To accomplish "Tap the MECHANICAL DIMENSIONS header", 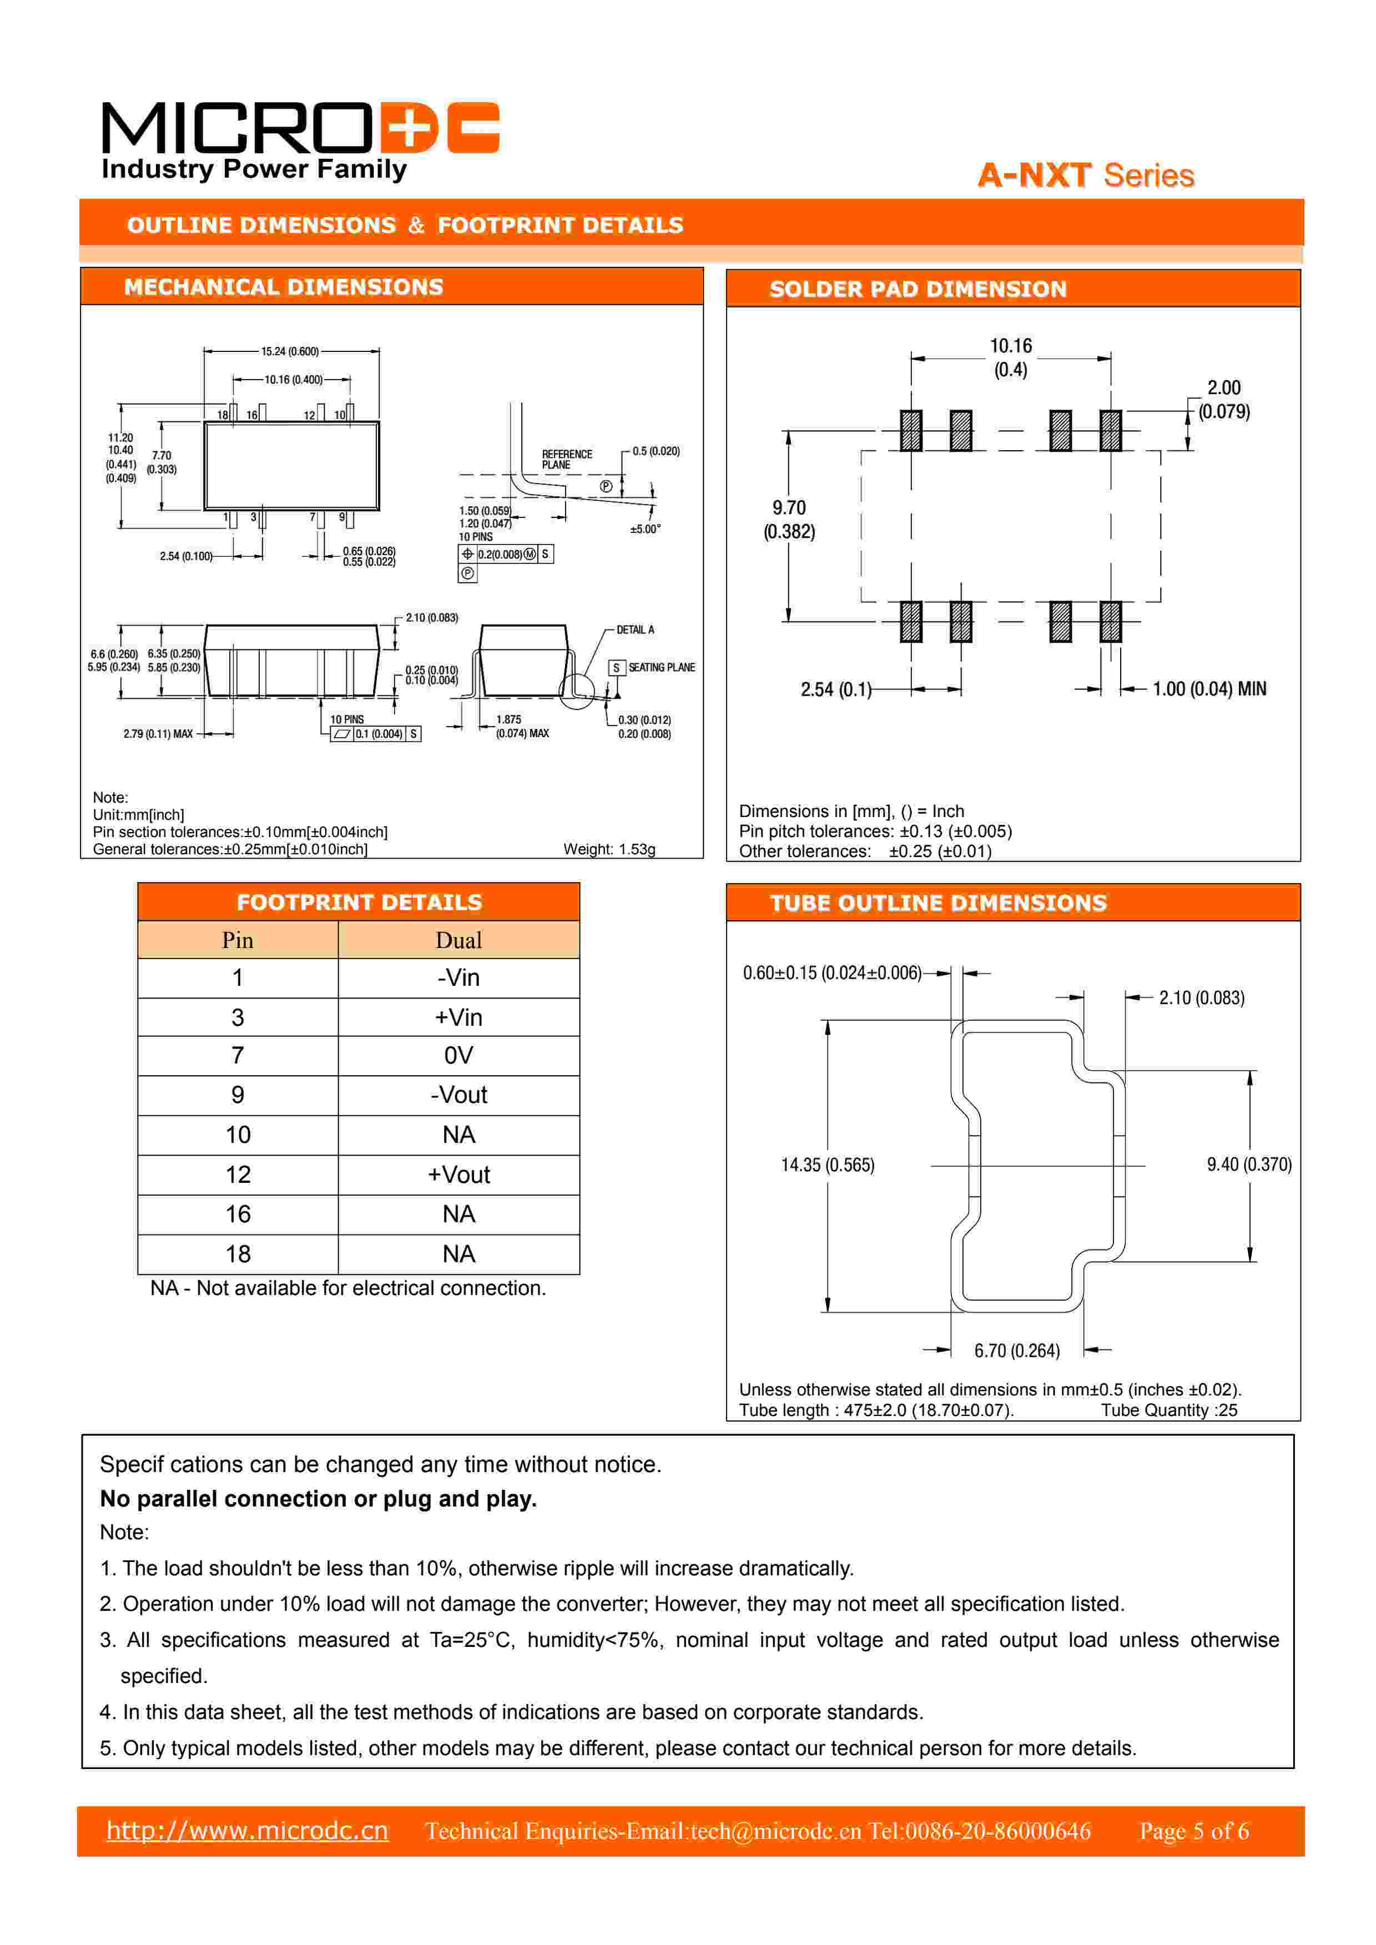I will tap(284, 287).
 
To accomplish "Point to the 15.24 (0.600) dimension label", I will tap(290, 351).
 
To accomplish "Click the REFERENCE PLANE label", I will tap(567, 459).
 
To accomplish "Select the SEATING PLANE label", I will tap(661, 668).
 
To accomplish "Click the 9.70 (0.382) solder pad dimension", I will tap(789, 520).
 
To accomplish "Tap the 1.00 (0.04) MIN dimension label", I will tap(1209, 689).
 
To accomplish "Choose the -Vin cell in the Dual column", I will tap(458, 977).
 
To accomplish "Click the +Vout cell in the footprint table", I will tap(458, 1175).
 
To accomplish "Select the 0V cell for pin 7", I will tap(458, 1056).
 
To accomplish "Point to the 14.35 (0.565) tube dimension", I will tap(827, 1165).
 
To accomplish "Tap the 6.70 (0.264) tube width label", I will tap(1017, 1351).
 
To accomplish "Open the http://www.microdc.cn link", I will tap(248, 1831).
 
